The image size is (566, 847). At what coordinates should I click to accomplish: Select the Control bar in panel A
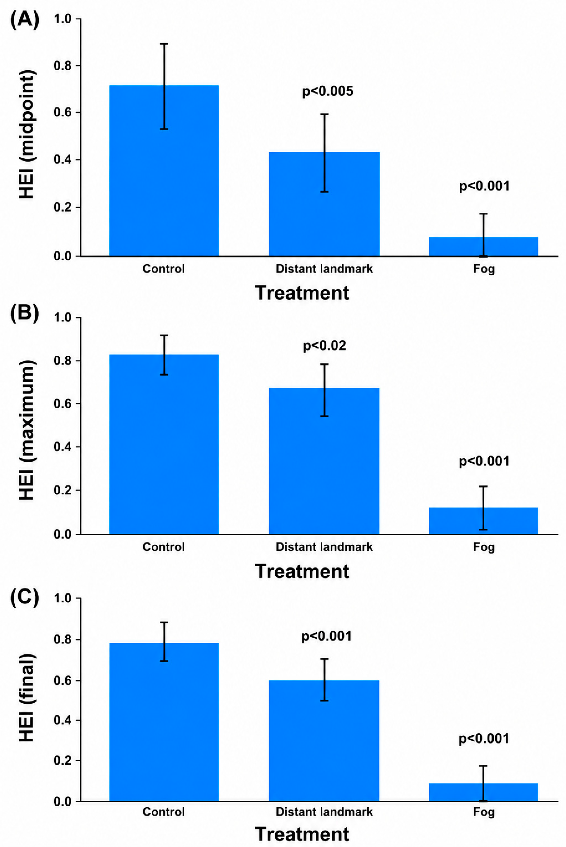pos(164,171)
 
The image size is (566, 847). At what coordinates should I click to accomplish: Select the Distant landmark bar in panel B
pos(324,461)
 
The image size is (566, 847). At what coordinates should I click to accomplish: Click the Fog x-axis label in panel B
pos(484,547)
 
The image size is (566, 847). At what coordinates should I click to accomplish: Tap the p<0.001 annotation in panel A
pos(484,186)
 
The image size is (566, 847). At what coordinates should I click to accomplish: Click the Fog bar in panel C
pos(483,792)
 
